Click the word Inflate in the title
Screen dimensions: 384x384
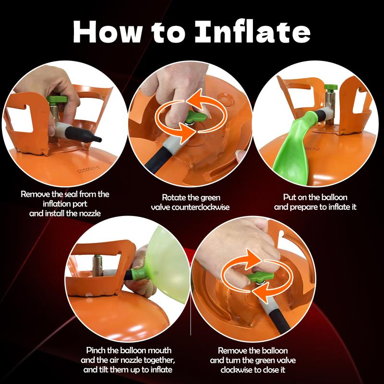click(252, 31)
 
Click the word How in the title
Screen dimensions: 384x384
click(108, 32)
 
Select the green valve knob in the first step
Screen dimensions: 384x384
click(57, 99)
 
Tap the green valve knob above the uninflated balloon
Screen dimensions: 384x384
click(331, 87)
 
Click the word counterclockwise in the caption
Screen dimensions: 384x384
click(200, 207)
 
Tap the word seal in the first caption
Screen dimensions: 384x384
click(71, 194)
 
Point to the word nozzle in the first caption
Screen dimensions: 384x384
click(89, 213)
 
